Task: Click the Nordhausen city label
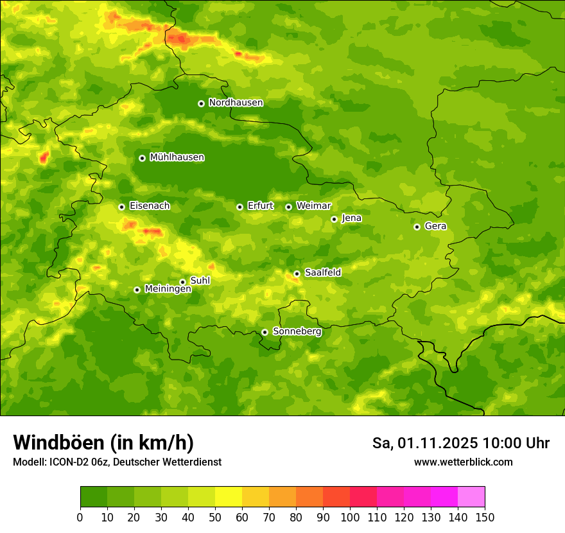pos(236,103)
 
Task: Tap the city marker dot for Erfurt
pos(239,207)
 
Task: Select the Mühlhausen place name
pos(177,157)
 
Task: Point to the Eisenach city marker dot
pos(121,207)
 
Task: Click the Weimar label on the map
pos(313,206)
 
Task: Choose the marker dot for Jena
pos(334,219)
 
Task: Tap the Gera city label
pos(435,226)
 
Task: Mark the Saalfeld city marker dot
pos(297,274)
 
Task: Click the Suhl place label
pos(200,281)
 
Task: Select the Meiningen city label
pos(168,289)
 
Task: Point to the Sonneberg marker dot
pos(265,332)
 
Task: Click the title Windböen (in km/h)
pos(103,443)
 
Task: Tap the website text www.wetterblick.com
pos(463,462)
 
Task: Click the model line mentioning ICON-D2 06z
pos(117,462)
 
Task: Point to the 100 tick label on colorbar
pos(350,517)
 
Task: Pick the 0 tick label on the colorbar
pos(80,517)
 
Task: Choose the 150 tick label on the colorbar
pos(485,517)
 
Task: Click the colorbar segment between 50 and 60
pos(229,497)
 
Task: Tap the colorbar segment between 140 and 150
pos(471,497)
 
